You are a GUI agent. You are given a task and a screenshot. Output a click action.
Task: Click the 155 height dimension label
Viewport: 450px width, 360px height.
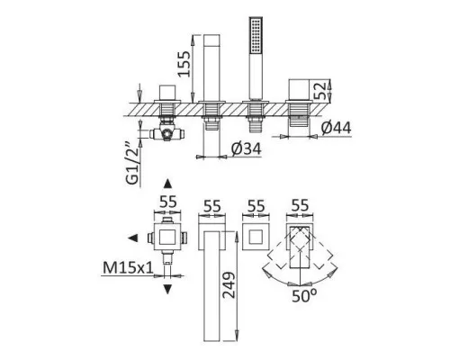184,64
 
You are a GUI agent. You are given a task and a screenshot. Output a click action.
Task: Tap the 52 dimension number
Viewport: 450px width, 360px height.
319,91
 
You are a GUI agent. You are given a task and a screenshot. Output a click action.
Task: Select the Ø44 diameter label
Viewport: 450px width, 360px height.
336,128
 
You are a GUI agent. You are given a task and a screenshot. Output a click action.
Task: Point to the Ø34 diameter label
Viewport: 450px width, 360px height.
246,148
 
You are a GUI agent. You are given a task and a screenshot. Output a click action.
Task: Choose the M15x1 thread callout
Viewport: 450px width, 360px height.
128,267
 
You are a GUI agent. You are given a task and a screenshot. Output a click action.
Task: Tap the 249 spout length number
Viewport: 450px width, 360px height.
229,285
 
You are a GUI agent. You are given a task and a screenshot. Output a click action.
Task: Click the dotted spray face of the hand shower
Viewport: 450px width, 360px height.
256,36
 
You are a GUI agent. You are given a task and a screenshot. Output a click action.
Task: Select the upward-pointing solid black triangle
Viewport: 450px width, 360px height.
167,184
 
